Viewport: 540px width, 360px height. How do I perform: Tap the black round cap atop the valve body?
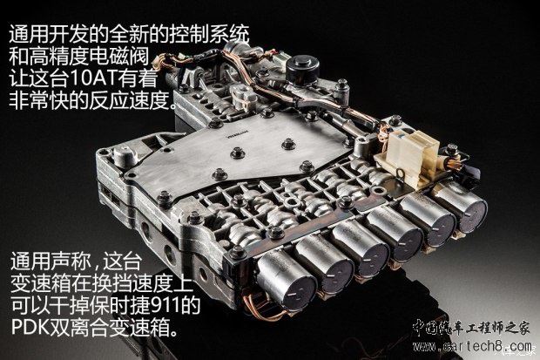pos(306,65)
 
